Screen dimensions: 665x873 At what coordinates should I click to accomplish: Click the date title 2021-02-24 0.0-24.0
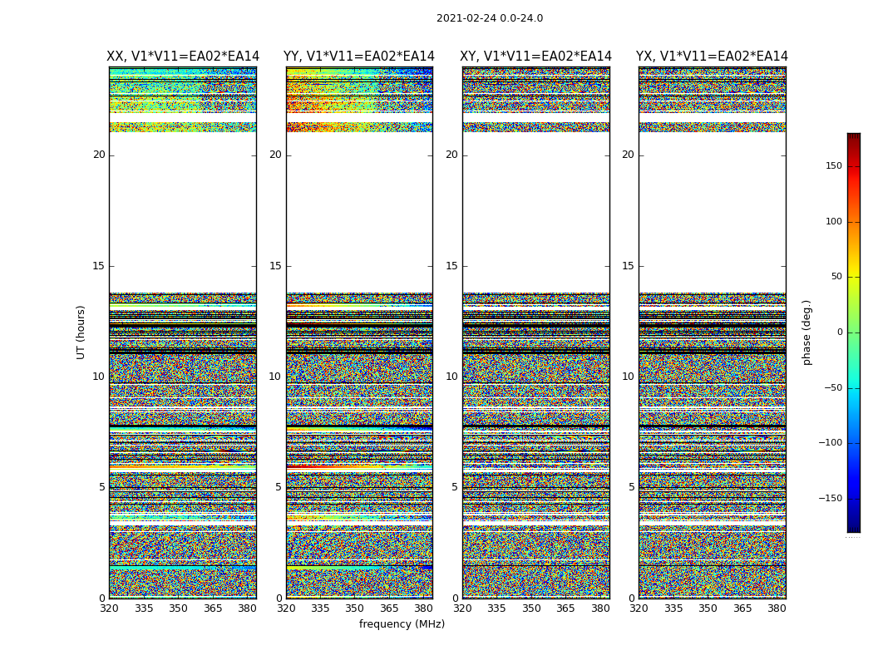click(x=489, y=18)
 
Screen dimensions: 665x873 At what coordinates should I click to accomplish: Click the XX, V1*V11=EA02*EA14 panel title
click(x=183, y=57)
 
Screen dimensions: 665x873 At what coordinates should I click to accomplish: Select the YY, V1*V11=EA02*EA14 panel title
click(x=359, y=57)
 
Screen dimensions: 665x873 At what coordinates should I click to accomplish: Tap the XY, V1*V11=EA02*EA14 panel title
click(x=536, y=57)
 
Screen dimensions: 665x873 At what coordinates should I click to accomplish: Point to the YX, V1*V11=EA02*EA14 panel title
click(x=712, y=57)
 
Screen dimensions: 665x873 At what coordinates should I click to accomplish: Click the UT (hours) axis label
click(x=81, y=332)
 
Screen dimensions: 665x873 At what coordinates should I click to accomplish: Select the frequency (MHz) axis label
click(x=402, y=624)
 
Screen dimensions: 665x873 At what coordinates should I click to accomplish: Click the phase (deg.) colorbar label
click(x=806, y=332)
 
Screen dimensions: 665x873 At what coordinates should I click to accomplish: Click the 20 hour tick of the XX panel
click(x=99, y=155)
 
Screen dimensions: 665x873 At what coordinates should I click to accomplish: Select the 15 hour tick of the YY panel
click(x=275, y=266)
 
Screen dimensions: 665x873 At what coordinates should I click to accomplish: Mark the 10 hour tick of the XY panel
click(x=451, y=377)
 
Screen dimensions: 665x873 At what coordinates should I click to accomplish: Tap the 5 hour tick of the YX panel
click(x=631, y=487)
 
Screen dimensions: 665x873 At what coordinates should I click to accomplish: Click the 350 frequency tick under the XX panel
click(x=178, y=608)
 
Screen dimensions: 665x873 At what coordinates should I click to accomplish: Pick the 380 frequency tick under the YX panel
click(x=777, y=608)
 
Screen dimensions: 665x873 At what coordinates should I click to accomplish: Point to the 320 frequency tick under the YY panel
click(x=286, y=608)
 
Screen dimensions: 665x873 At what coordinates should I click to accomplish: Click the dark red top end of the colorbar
click(x=853, y=137)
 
